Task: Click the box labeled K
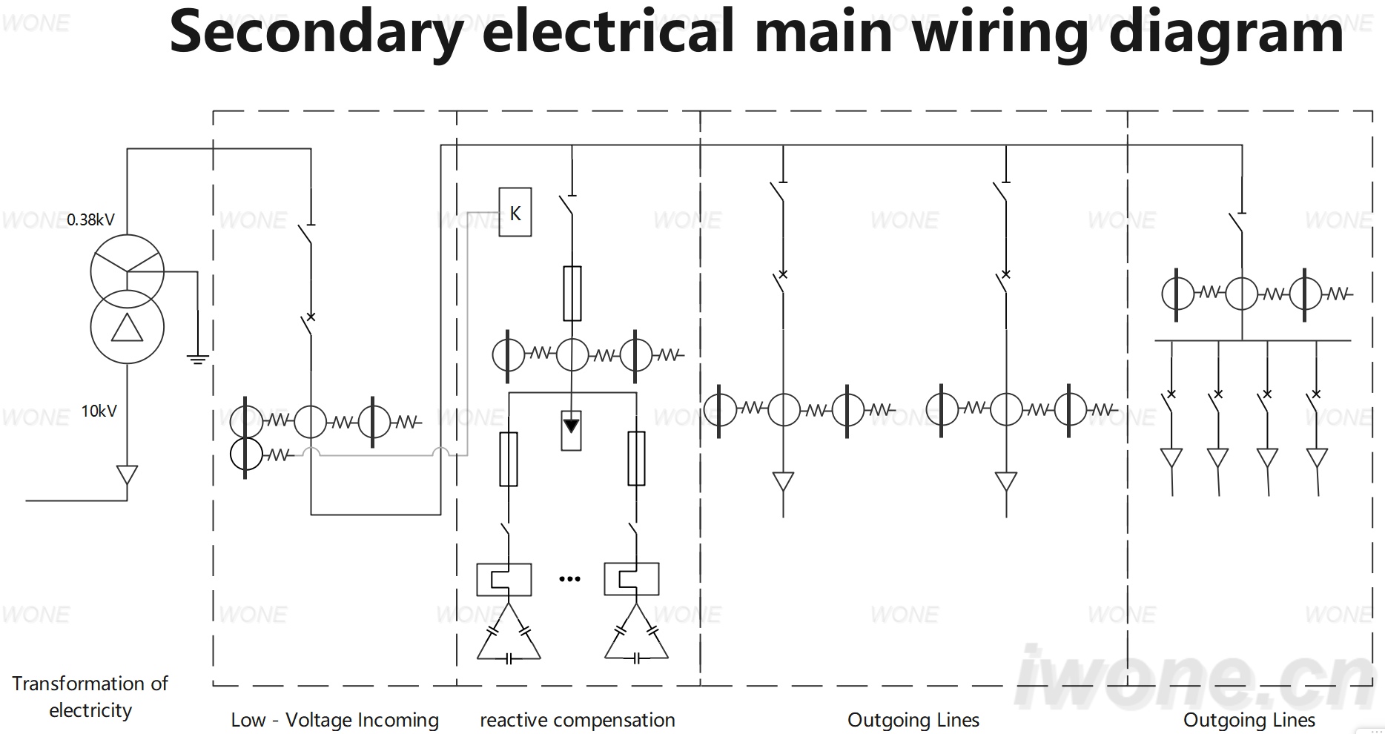click(515, 212)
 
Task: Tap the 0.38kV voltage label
click(91, 219)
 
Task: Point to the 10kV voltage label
click(99, 411)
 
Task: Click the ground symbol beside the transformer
click(198, 360)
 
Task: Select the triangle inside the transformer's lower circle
click(127, 328)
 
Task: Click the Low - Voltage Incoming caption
click(335, 720)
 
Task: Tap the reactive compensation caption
click(578, 720)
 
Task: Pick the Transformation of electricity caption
click(90, 696)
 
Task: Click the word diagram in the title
click(1226, 33)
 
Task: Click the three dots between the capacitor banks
click(569, 579)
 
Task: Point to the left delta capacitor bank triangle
click(509, 632)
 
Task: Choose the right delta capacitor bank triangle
click(636, 632)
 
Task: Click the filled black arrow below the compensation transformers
click(571, 426)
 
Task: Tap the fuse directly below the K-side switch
click(572, 294)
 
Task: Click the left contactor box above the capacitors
click(504, 580)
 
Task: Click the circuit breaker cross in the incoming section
click(311, 317)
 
